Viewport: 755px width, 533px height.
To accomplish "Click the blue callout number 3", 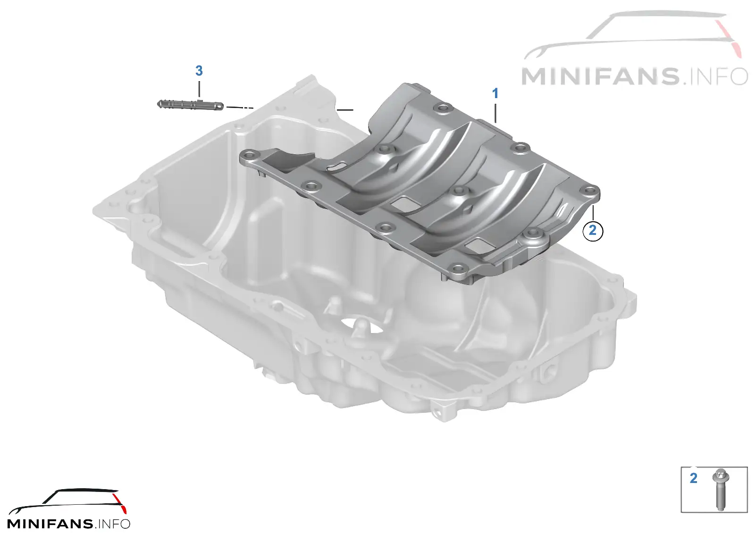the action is [199, 71].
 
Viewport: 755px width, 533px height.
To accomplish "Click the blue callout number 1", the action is [495, 93].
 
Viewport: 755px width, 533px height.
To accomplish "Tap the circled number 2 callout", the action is [593, 231].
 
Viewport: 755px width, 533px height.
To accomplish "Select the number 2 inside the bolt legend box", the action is [693, 479].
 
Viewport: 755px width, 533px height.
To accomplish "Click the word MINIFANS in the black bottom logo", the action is [50, 524].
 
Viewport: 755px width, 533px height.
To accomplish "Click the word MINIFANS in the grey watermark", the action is [600, 76].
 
